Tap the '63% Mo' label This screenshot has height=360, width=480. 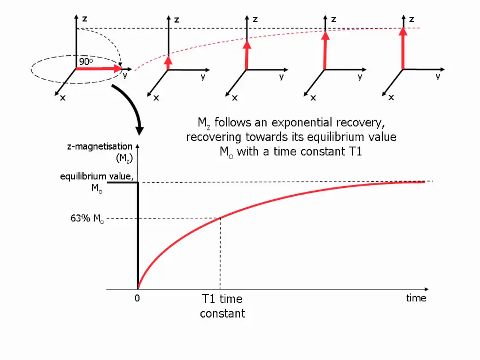[86, 219]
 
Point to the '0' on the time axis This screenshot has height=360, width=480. [137, 298]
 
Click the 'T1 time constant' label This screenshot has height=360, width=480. [222, 306]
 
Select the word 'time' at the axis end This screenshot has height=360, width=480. [416, 298]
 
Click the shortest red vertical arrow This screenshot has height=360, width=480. [168, 62]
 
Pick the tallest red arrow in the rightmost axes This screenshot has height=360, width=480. [403, 48]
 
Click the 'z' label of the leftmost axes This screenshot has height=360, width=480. [85, 18]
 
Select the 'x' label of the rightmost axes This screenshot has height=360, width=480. [391, 98]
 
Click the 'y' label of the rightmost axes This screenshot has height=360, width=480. [438, 76]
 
